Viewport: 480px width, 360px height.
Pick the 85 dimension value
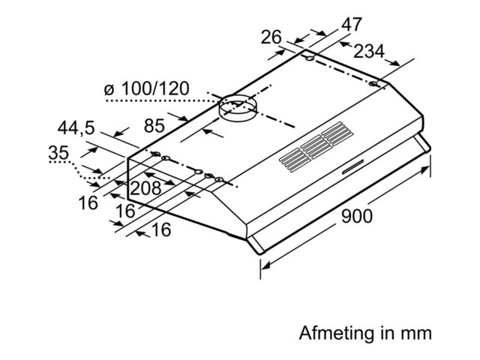point(154,127)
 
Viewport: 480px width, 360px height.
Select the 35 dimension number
point(58,153)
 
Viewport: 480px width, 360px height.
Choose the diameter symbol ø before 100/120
point(107,90)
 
